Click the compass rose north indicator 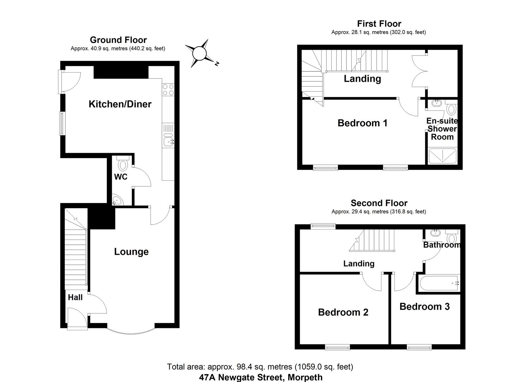(199, 54)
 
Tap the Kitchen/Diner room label (120, 104)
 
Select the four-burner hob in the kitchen (168, 89)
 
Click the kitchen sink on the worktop (168, 141)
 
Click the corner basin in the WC (117, 201)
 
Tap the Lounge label (131, 251)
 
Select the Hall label (75, 297)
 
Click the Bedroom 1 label (362, 123)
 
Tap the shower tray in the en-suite (442, 156)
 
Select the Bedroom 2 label (343, 312)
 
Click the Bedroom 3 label (424, 306)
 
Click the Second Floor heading (379, 203)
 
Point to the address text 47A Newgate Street (261, 377)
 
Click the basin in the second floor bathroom (435, 233)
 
